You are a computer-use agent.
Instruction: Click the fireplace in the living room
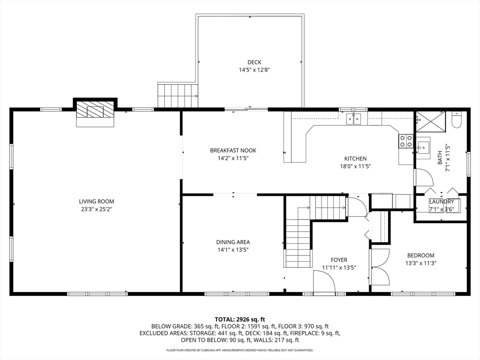pos(96,112)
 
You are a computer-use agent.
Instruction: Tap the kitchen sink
pos(354,119)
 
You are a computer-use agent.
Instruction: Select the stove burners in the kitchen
pos(405,141)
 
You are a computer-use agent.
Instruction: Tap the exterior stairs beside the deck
pos(177,95)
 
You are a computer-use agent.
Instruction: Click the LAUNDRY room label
pos(442,202)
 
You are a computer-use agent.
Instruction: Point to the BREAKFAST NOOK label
pos(233,150)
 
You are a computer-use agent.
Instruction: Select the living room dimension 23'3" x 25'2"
pos(96,209)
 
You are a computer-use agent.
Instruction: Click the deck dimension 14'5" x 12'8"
pos(255,70)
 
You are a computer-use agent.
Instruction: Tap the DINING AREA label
pos(233,242)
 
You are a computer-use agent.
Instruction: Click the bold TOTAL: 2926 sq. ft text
pos(240,319)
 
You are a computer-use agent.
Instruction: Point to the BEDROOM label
pos(420,255)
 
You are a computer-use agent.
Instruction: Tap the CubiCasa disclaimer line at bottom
pos(240,350)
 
